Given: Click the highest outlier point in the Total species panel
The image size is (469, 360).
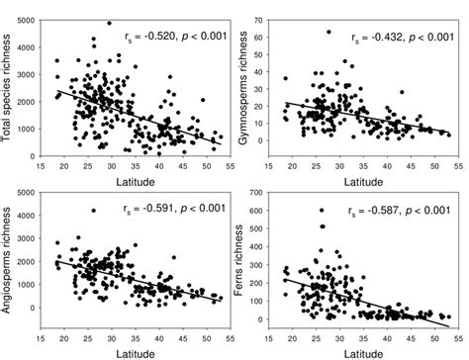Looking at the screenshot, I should coord(109,23).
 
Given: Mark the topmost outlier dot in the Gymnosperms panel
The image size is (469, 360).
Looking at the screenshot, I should coord(328,33).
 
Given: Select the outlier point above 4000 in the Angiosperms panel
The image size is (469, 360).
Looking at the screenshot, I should coord(92,211).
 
